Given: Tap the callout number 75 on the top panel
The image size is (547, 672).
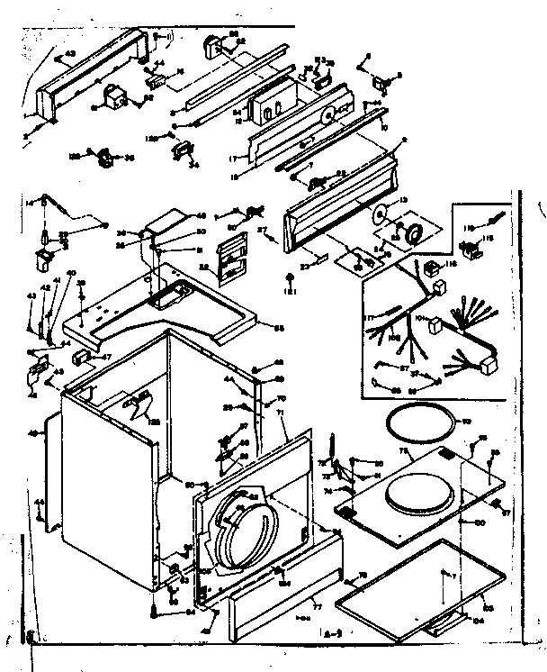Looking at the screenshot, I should coord(404,449).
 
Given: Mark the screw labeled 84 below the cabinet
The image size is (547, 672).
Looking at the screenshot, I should coord(160,612).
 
